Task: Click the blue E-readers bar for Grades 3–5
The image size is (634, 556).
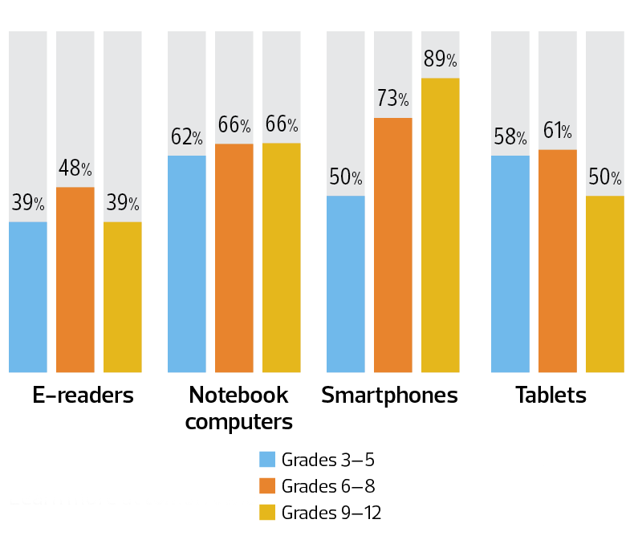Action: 28,297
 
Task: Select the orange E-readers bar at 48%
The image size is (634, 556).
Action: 75,279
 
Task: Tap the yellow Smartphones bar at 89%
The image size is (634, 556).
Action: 441,225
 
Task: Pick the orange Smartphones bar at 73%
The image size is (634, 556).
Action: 393,245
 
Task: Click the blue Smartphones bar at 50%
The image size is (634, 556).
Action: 346,284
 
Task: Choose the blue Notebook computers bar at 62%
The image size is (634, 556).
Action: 187,264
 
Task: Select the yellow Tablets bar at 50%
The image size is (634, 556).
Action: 605,284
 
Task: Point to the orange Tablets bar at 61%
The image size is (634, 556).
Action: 558,261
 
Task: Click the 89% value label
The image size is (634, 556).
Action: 441,59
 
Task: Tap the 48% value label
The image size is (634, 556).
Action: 75,168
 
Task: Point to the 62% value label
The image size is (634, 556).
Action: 187,137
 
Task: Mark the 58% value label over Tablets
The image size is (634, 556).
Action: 510,137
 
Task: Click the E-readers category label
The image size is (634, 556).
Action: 83,396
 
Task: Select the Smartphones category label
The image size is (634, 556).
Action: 390,396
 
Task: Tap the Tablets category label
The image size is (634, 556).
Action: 551,396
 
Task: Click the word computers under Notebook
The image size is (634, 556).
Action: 238,421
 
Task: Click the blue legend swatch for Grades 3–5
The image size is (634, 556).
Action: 266,460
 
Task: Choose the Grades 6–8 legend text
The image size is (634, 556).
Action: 327,486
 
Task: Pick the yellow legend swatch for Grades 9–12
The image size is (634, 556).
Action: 266,513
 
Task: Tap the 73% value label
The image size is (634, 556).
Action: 393,99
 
